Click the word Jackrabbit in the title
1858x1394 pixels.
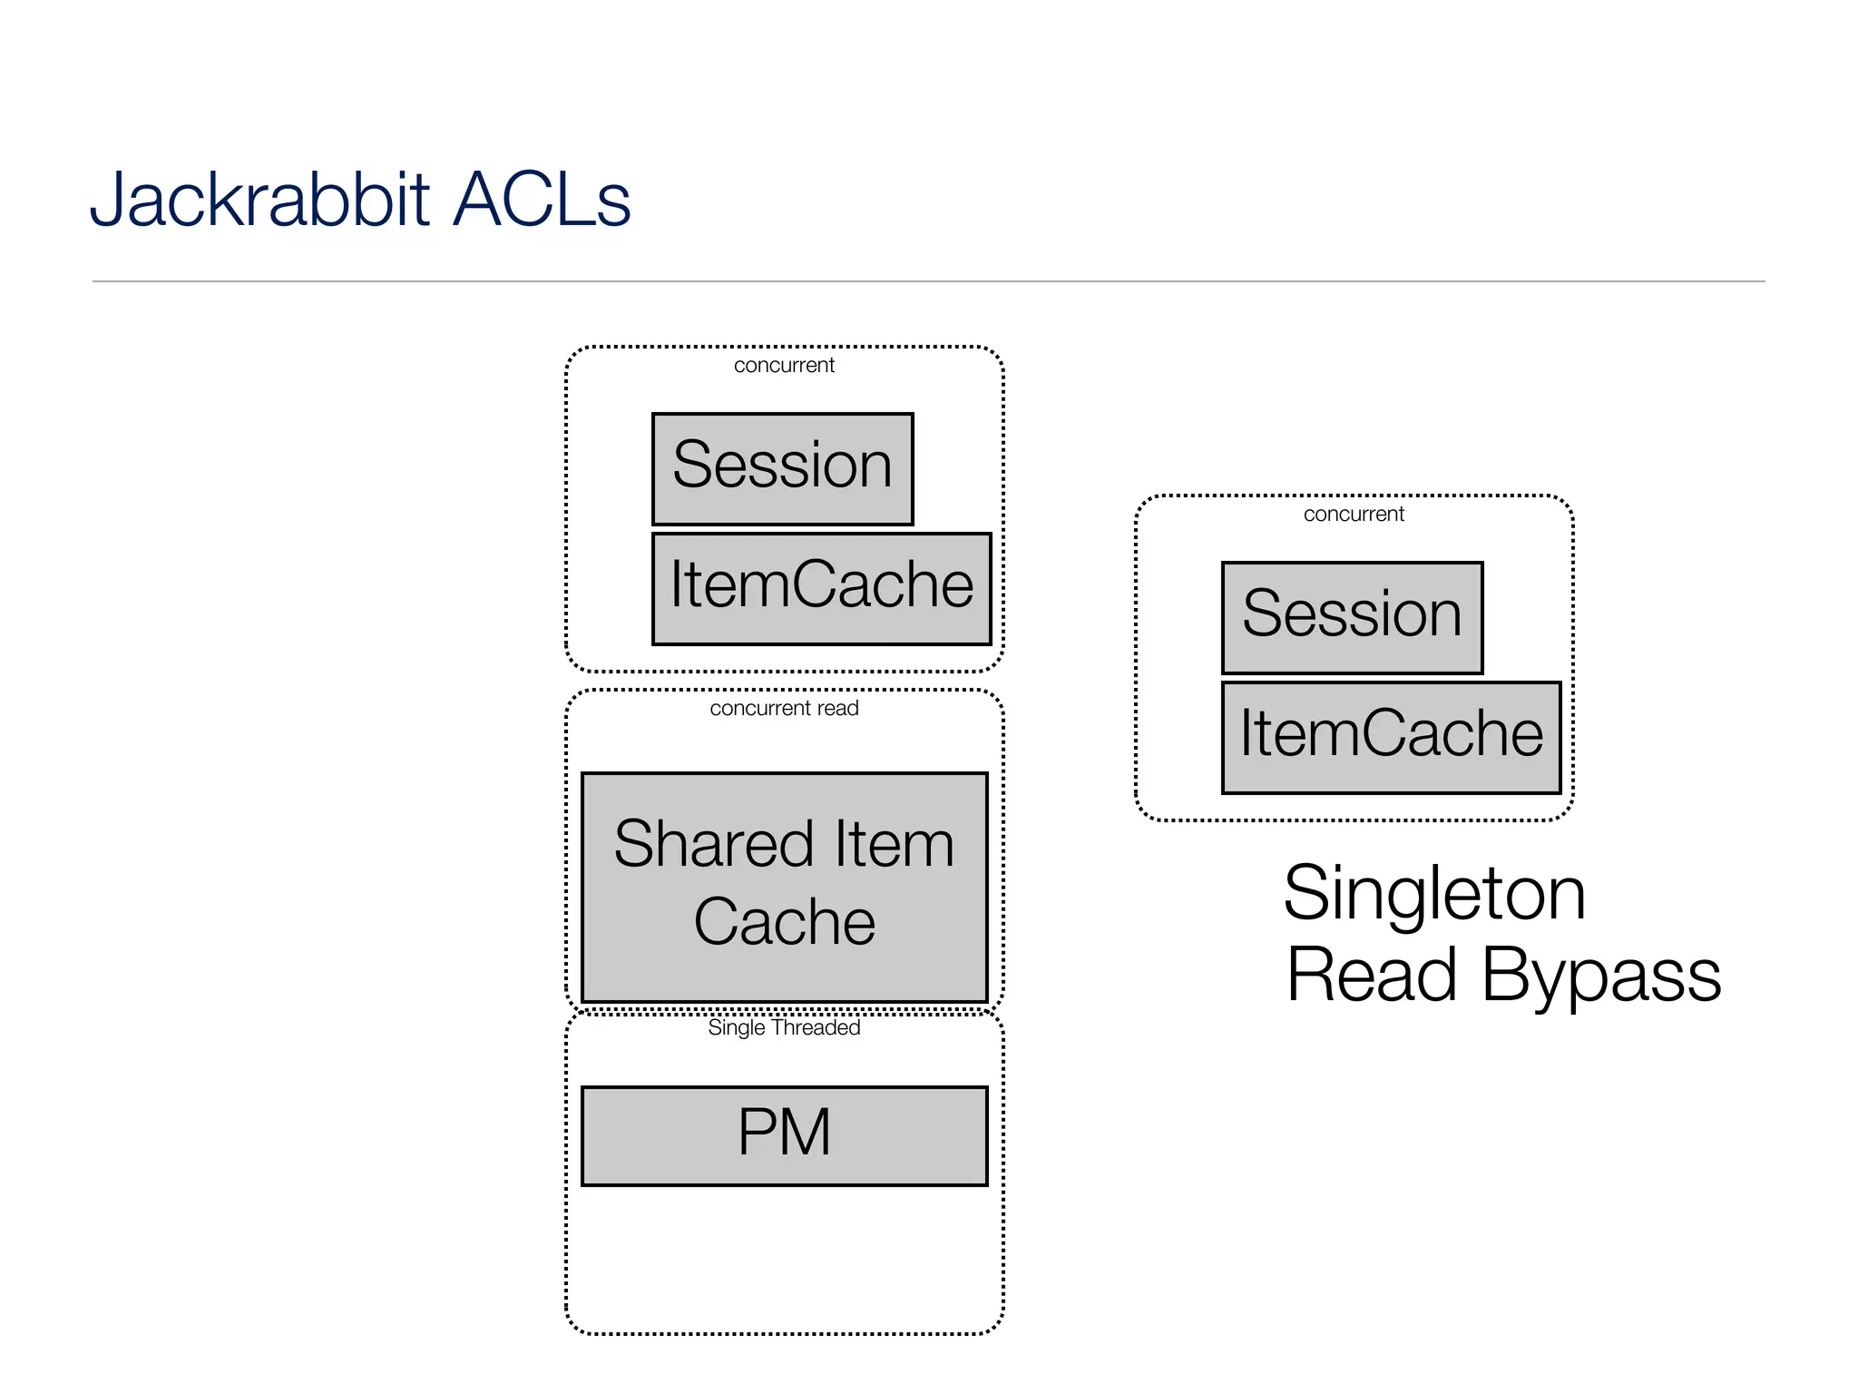pyautogui.click(x=259, y=200)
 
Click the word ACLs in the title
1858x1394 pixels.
pyautogui.click(x=541, y=200)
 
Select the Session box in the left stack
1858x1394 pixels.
pyautogui.click(x=782, y=468)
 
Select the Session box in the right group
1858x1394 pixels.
pyautogui.click(x=1352, y=617)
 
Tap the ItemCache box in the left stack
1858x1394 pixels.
pyautogui.click(x=821, y=588)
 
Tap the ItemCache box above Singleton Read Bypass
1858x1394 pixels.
pyautogui.click(x=1391, y=737)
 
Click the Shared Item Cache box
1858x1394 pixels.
pyautogui.click(x=784, y=887)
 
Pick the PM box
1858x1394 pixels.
pyautogui.click(x=784, y=1135)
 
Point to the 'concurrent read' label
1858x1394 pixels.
pyautogui.click(x=784, y=708)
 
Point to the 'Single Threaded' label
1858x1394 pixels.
pyautogui.click(x=784, y=1027)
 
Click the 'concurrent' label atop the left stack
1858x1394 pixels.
pyautogui.click(x=784, y=365)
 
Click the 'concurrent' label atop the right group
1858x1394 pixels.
pyautogui.click(x=1354, y=514)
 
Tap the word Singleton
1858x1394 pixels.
pyautogui.click(x=1433, y=895)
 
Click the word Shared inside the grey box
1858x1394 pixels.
pyautogui.click(x=712, y=844)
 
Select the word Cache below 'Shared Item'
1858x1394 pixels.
pyautogui.click(x=784, y=922)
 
